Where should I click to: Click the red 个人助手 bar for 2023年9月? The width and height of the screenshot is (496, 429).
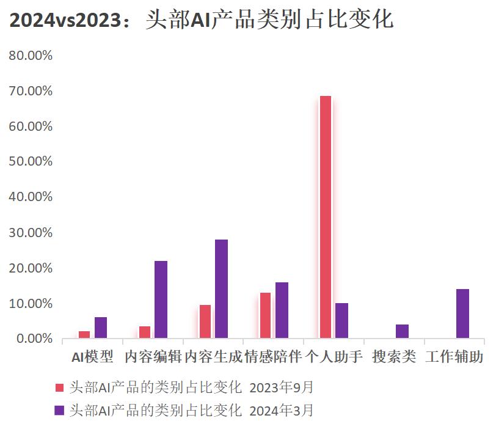click(326, 217)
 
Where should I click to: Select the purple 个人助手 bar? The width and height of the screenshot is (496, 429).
click(341, 320)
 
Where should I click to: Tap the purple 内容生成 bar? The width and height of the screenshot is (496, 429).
click(221, 288)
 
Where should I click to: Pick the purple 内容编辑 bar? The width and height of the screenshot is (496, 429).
click(161, 299)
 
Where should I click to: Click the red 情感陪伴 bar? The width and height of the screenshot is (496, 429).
click(265, 315)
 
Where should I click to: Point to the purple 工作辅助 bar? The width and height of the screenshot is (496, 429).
click(462, 313)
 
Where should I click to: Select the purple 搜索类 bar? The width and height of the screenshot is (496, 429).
click(402, 331)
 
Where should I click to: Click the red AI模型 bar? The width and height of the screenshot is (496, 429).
click(84, 334)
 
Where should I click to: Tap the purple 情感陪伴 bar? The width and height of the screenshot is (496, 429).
click(282, 310)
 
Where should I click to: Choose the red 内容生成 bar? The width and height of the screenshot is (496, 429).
click(205, 321)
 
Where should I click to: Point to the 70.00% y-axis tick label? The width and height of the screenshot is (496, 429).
click(31, 91)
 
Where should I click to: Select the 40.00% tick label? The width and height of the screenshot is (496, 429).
click(31, 197)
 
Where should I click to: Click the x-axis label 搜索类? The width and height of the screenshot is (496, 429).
click(394, 357)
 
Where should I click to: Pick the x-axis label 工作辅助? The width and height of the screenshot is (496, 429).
click(454, 357)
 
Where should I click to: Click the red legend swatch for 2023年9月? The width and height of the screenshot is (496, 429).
click(59, 387)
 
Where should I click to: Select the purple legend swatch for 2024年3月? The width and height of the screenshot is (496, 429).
click(59, 410)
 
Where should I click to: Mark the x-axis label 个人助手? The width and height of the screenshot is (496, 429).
click(334, 357)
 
